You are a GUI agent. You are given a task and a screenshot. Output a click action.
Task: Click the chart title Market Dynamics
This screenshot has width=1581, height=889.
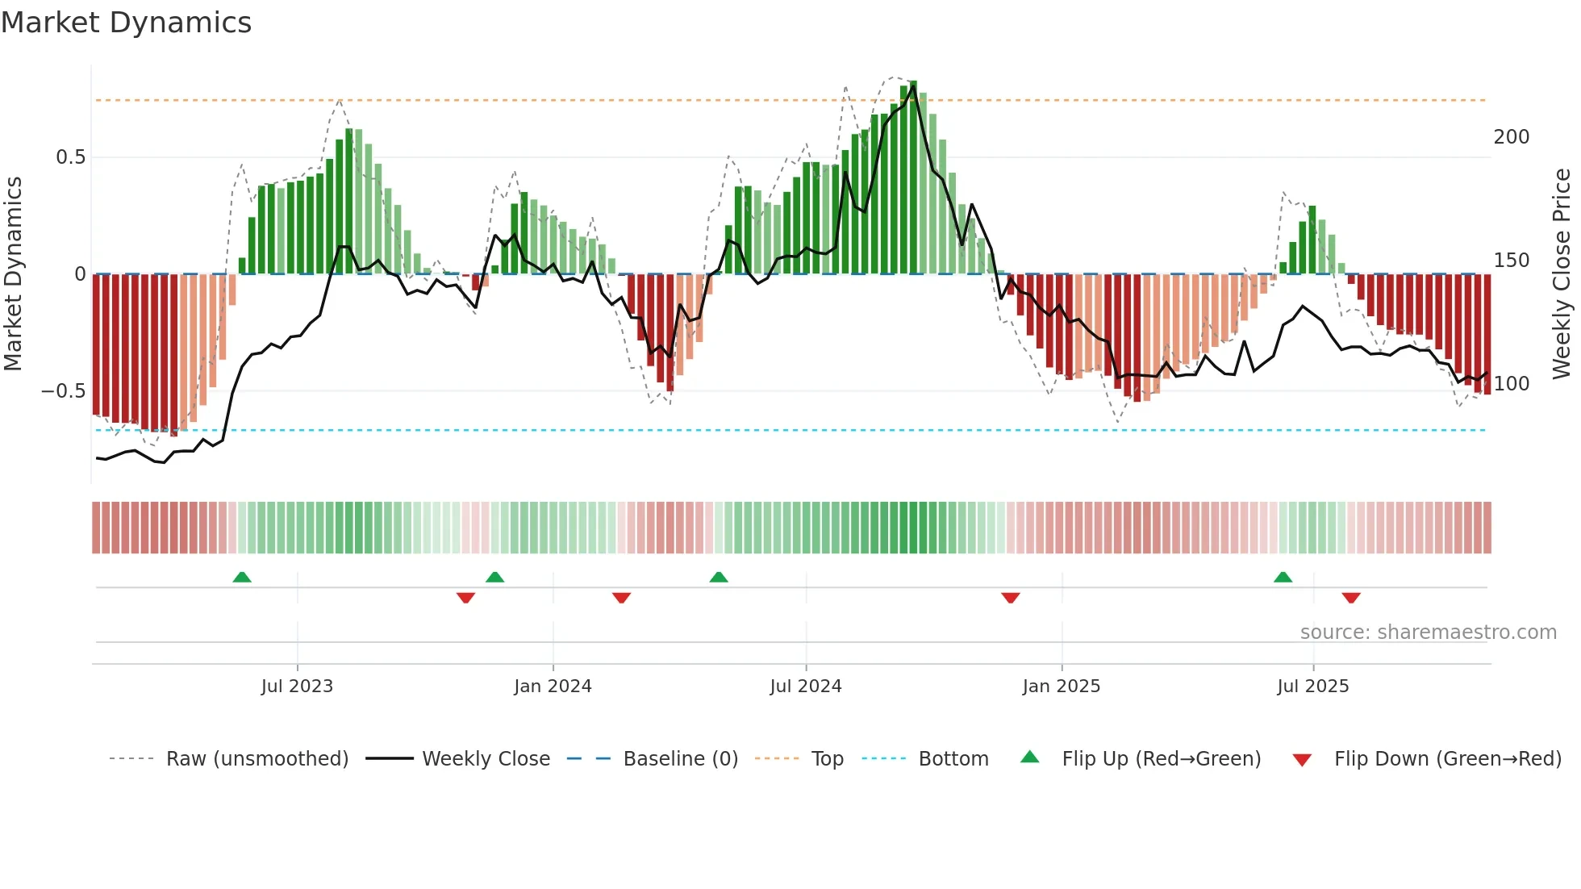point(126,23)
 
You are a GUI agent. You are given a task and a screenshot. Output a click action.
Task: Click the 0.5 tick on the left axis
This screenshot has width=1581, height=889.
point(70,157)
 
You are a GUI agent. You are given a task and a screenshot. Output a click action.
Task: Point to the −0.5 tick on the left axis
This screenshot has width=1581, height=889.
point(63,391)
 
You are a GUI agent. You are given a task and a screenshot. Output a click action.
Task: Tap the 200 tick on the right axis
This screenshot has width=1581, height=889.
point(1511,137)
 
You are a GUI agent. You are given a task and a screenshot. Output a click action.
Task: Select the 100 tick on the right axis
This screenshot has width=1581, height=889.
point(1511,384)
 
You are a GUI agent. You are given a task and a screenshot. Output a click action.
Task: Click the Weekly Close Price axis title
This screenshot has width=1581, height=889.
point(1562,274)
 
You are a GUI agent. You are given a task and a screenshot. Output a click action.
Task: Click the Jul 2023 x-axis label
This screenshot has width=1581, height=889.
point(297,687)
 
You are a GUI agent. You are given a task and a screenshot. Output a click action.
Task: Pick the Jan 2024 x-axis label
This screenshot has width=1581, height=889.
point(553,687)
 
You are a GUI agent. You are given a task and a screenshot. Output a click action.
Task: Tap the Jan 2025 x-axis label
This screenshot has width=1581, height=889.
point(1061,687)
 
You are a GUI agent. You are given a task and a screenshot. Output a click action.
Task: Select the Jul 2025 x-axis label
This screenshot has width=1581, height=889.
point(1312,687)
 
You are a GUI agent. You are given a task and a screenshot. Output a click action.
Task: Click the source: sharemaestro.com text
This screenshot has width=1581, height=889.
point(1428,632)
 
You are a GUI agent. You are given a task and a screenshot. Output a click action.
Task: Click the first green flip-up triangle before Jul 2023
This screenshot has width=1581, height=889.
point(242,577)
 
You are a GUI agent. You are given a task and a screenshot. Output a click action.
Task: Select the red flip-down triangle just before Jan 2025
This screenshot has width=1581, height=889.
point(1011,598)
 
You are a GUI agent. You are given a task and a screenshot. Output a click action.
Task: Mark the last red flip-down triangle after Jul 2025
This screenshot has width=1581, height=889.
point(1351,598)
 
